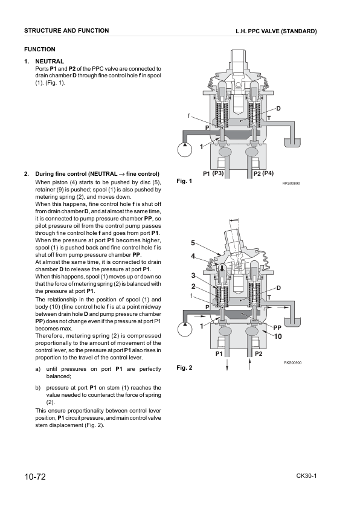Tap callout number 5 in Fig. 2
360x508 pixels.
tap(193, 243)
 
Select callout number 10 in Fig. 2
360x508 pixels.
tap(278, 336)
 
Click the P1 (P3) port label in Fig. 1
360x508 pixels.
tap(214, 174)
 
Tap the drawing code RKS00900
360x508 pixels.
tap(292, 362)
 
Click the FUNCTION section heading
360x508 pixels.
tap(39, 50)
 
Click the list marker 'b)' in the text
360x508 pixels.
tap(38, 388)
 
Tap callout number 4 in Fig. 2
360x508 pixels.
tap(193, 256)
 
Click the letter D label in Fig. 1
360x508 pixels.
tap(278, 108)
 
